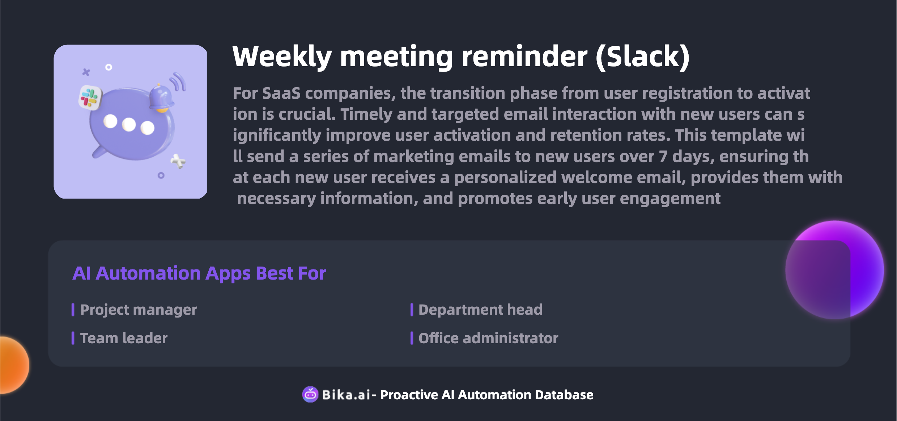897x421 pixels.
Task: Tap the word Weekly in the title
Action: [x=282, y=57]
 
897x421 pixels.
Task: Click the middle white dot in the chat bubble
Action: [x=129, y=125]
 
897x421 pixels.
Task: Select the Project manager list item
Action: [x=139, y=310]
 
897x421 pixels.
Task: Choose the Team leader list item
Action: [x=124, y=338]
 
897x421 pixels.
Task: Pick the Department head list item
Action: [x=480, y=310]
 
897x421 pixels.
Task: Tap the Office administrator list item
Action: [x=488, y=338]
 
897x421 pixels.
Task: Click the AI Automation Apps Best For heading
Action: [x=199, y=273]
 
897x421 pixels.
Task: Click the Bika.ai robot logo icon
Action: [x=310, y=394]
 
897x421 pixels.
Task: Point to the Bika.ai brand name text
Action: [x=346, y=395]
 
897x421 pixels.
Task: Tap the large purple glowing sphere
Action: [x=835, y=270]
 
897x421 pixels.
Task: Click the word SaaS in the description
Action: [x=281, y=93]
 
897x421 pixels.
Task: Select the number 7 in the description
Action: [x=663, y=157]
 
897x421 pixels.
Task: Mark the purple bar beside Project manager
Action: [x=73, y=310]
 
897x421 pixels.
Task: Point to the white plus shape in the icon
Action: [x=178, y=161]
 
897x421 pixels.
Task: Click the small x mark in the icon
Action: [x=86, y=72]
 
